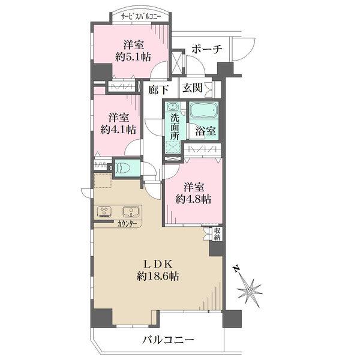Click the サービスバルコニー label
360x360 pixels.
coord(140,16)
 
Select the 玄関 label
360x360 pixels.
coord(193,88)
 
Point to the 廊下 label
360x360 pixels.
coord(159,88)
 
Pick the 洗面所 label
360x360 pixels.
coord(174,127)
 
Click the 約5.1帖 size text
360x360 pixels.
coord(133,56)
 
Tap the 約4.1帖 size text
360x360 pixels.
coord(117,130)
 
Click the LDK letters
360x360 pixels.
coord(157,263)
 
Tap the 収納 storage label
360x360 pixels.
coord(217,234)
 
